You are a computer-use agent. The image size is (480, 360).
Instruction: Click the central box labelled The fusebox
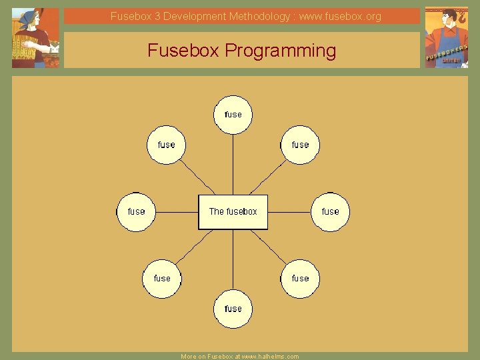coord(233,212)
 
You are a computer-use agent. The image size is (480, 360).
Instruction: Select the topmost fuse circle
coord(233,115)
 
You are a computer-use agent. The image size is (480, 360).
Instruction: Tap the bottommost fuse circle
coord(233,309)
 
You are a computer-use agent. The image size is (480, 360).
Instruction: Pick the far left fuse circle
coord(136,212)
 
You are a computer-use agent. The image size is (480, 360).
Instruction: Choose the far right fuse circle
coord(330,212)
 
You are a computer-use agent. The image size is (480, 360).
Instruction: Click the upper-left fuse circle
coord(166,145)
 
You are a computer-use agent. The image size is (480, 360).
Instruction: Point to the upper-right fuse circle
coord(300,145)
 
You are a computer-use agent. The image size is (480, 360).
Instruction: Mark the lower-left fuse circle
coord(162,279)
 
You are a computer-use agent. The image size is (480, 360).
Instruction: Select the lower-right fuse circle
coord(300,279)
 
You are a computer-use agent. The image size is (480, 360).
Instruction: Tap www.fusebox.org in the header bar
coord(340,16)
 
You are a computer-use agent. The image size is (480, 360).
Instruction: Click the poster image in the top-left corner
coord(35,38)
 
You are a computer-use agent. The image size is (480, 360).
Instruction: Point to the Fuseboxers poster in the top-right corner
coord(446,37)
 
